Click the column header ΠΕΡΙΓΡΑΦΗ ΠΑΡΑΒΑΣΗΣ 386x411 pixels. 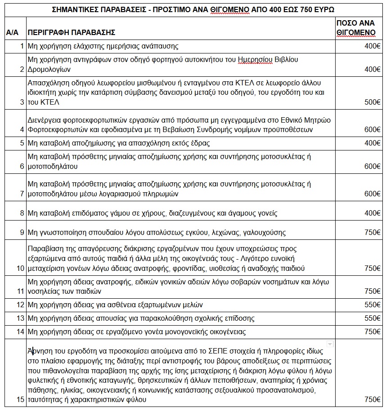(72, 33)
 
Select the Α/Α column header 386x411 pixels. (12, 33)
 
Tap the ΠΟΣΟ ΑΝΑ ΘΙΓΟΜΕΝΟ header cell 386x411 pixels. (356, 28)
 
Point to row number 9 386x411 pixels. (21, 233)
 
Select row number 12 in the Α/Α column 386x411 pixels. (19, 305)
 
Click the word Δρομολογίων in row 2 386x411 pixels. (49, 70)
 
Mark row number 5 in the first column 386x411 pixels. (21, 143)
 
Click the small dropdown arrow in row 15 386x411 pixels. (330, 344)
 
